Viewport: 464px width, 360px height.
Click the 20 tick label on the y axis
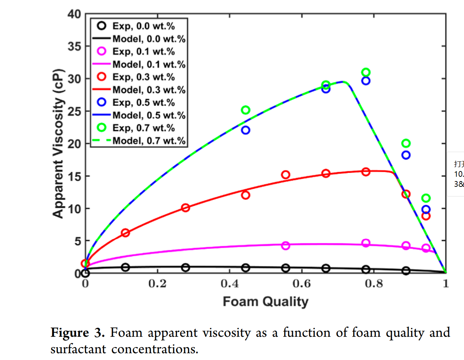(74, 143)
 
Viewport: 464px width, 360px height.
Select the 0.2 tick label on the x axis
(157, 284)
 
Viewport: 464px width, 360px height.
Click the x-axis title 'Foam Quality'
(265, 302)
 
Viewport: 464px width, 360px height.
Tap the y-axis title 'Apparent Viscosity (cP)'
(58, 143)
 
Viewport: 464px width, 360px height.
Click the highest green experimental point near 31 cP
(366, 72)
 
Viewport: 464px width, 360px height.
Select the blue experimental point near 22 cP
(246, 130)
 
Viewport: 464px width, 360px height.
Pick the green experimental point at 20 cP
(406, 143)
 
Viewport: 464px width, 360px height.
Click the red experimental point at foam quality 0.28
(185, 208)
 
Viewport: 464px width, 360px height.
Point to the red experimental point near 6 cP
(125, 233)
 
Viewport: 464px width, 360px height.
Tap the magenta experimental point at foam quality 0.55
(285, 245)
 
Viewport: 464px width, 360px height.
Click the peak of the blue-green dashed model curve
(342, 82)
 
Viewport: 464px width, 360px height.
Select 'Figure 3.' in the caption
(78, 333)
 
